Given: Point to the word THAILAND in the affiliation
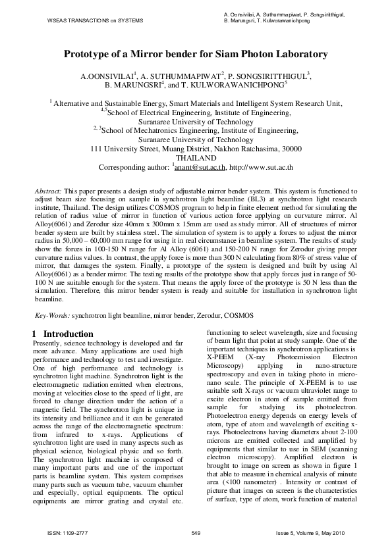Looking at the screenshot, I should pyautogui.click(x=196, y=159).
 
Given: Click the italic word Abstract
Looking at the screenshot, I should pyautogui.click(x=48, y=190).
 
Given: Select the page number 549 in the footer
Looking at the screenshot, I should pyautogui.click(x=196, y=532).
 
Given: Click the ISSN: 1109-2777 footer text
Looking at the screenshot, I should pyautogui.click(x=63, y=532).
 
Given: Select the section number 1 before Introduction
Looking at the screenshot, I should pyautogui.click(x=35, y=334).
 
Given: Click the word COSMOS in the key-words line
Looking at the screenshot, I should pyautogui.click(x=238, y=316).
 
